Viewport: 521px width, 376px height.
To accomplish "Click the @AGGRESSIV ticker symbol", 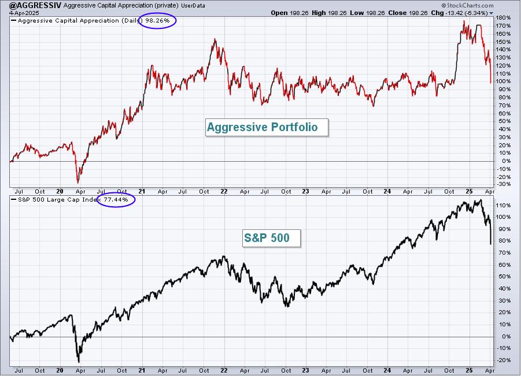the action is [35, 5].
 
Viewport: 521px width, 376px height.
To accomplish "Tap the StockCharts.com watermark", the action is [467, 5].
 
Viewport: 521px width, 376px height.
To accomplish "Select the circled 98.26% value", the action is [157, 21].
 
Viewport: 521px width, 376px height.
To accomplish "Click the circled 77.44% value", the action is [116, 200].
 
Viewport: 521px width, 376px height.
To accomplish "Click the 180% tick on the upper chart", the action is [504, 17].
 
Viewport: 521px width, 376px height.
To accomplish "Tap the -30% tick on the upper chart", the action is [504, 184].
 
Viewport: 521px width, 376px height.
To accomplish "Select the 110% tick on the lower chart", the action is [504, 206].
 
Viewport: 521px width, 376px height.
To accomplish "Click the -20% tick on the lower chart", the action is [504, 360].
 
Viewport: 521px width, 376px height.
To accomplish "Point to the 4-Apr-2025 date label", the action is [24, 13].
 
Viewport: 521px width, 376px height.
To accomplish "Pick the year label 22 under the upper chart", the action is [224, 192].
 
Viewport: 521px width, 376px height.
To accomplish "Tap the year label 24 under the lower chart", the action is [387, 370].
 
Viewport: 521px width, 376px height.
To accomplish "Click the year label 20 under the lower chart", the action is [60, 370].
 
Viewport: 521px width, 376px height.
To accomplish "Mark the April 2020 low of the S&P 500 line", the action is [79, 362].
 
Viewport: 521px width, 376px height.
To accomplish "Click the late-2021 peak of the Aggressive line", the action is [215, 39].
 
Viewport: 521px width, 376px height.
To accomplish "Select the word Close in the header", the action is [397, 13].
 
